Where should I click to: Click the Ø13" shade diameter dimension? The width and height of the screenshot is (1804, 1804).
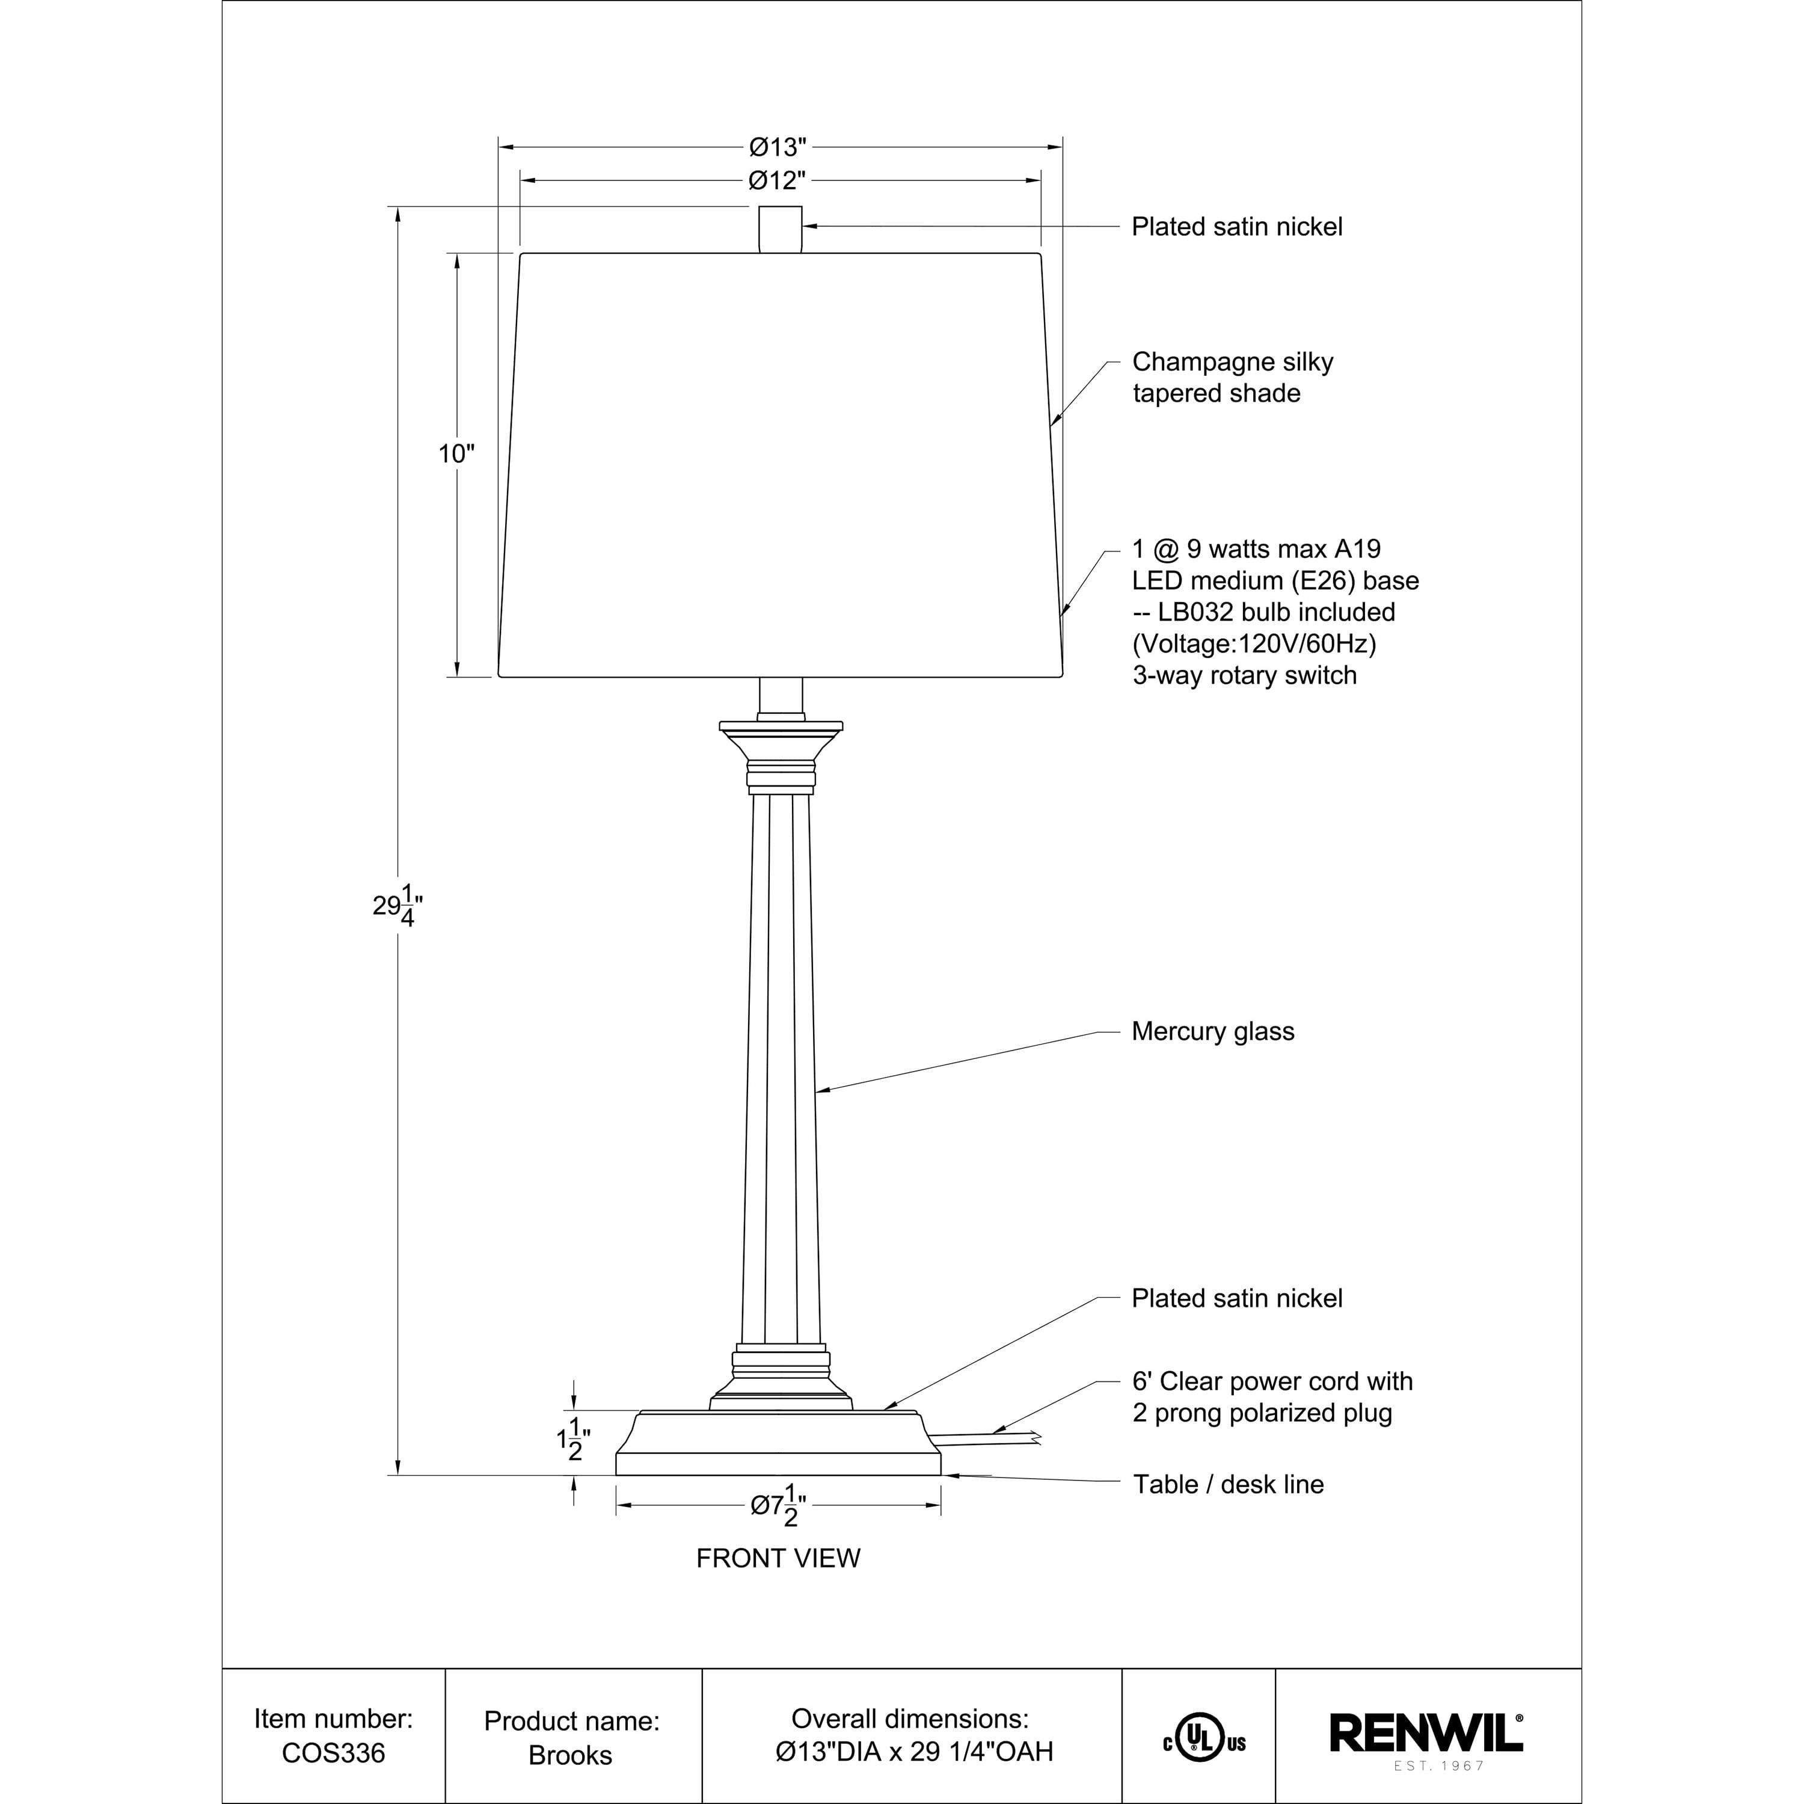[x=777, y=147]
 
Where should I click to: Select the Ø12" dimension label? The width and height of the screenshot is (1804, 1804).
[x=777, y=180]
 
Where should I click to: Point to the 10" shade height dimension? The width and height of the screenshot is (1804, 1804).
[x=456, y=454]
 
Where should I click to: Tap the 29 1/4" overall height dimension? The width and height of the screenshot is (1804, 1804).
[x=397, y=905]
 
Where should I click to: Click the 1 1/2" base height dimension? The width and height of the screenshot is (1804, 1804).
[x=573, y=1439]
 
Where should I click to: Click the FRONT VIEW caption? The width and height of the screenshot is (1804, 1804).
[x=778, y=1559]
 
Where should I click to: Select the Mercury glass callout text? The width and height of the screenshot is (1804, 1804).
[x=1212, y=1032]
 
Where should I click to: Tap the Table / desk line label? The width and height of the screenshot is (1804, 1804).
[x=1228, y=1485]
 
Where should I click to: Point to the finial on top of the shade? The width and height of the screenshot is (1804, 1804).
[x=780, y=230]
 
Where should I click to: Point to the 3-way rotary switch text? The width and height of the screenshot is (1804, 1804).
[x=1244, y=675]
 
